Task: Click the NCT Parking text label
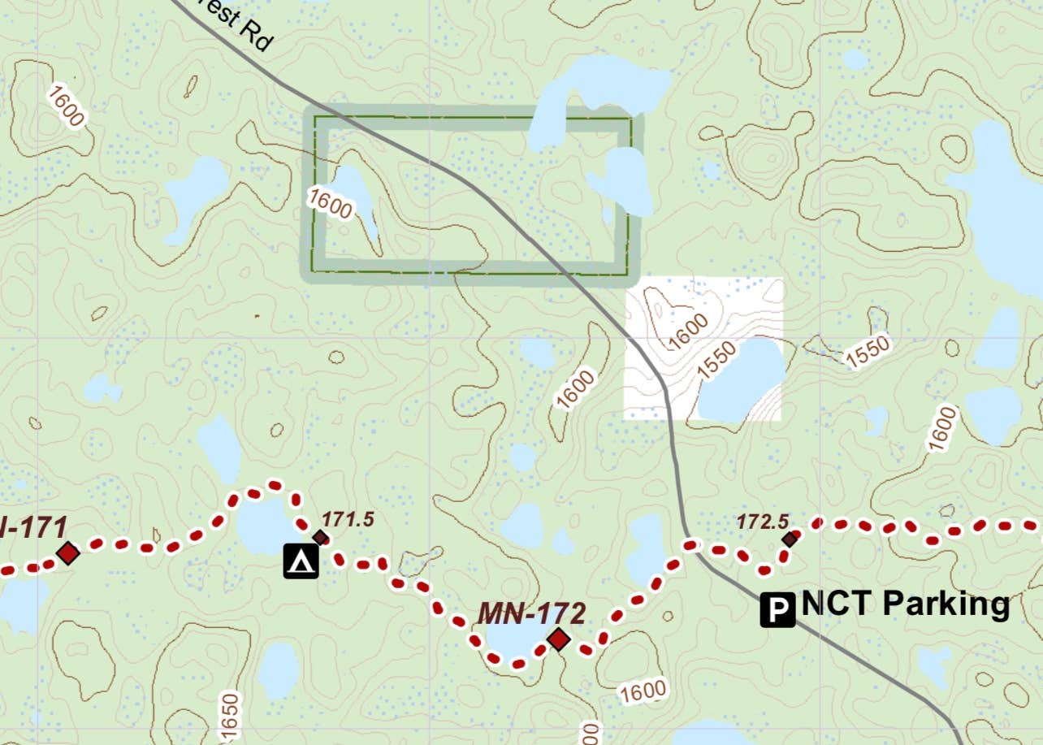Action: point(905,604)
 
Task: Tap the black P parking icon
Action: point(778,610)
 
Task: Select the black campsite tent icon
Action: point(301,561)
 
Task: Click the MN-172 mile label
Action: point(531,613)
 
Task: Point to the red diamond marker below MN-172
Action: point(558,639)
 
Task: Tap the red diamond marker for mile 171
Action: point(68,553)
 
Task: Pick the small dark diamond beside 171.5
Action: point(321,537)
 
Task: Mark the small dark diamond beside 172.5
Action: point(790,538)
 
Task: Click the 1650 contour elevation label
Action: point(230,717)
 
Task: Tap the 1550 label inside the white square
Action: point(716,360)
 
